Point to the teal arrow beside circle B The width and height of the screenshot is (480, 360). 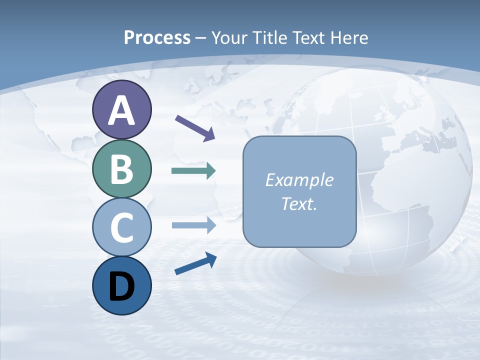193,170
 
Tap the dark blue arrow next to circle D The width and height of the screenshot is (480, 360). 195,263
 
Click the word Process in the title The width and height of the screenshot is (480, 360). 157,37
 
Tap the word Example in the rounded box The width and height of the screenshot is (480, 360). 299,180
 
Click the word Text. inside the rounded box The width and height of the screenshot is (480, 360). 299,203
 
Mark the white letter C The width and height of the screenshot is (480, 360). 121,227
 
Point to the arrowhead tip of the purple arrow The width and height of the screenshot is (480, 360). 214,139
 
